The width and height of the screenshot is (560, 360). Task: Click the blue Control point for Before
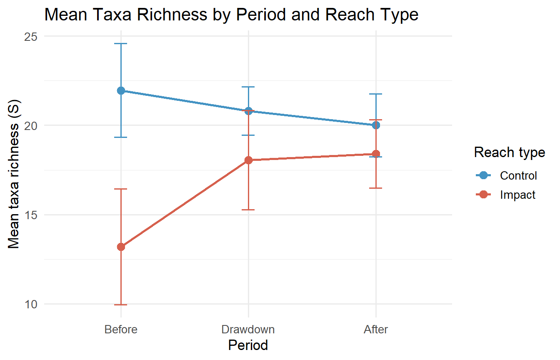[x=121, y=90]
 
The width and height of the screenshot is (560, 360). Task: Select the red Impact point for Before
[x=121, y=247]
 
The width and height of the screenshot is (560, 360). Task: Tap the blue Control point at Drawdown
[x=249, y=111]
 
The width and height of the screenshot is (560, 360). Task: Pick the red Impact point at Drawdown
[x=249, y=160]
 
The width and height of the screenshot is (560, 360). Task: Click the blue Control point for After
[x=376, y=125]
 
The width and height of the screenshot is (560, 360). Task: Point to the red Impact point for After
[x=376, y=154]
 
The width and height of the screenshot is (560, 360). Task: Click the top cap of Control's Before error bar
[x=121, y=43]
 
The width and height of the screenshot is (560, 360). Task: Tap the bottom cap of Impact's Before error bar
[x=121, y=305]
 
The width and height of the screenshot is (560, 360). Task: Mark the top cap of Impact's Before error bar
[x=121, y=189]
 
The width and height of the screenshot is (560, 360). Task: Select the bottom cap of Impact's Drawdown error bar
[x=249, y=210]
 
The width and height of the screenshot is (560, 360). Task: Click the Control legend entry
[x=518, y=175]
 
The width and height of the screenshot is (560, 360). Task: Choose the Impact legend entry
[x=517, y=195]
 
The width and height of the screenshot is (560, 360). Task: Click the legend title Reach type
[x=510, y=152]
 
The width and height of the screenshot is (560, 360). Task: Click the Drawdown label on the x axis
[x=248, y=330]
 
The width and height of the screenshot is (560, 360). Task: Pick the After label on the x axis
[x=376, y=330]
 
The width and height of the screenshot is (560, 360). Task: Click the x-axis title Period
[x=248, y=345]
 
